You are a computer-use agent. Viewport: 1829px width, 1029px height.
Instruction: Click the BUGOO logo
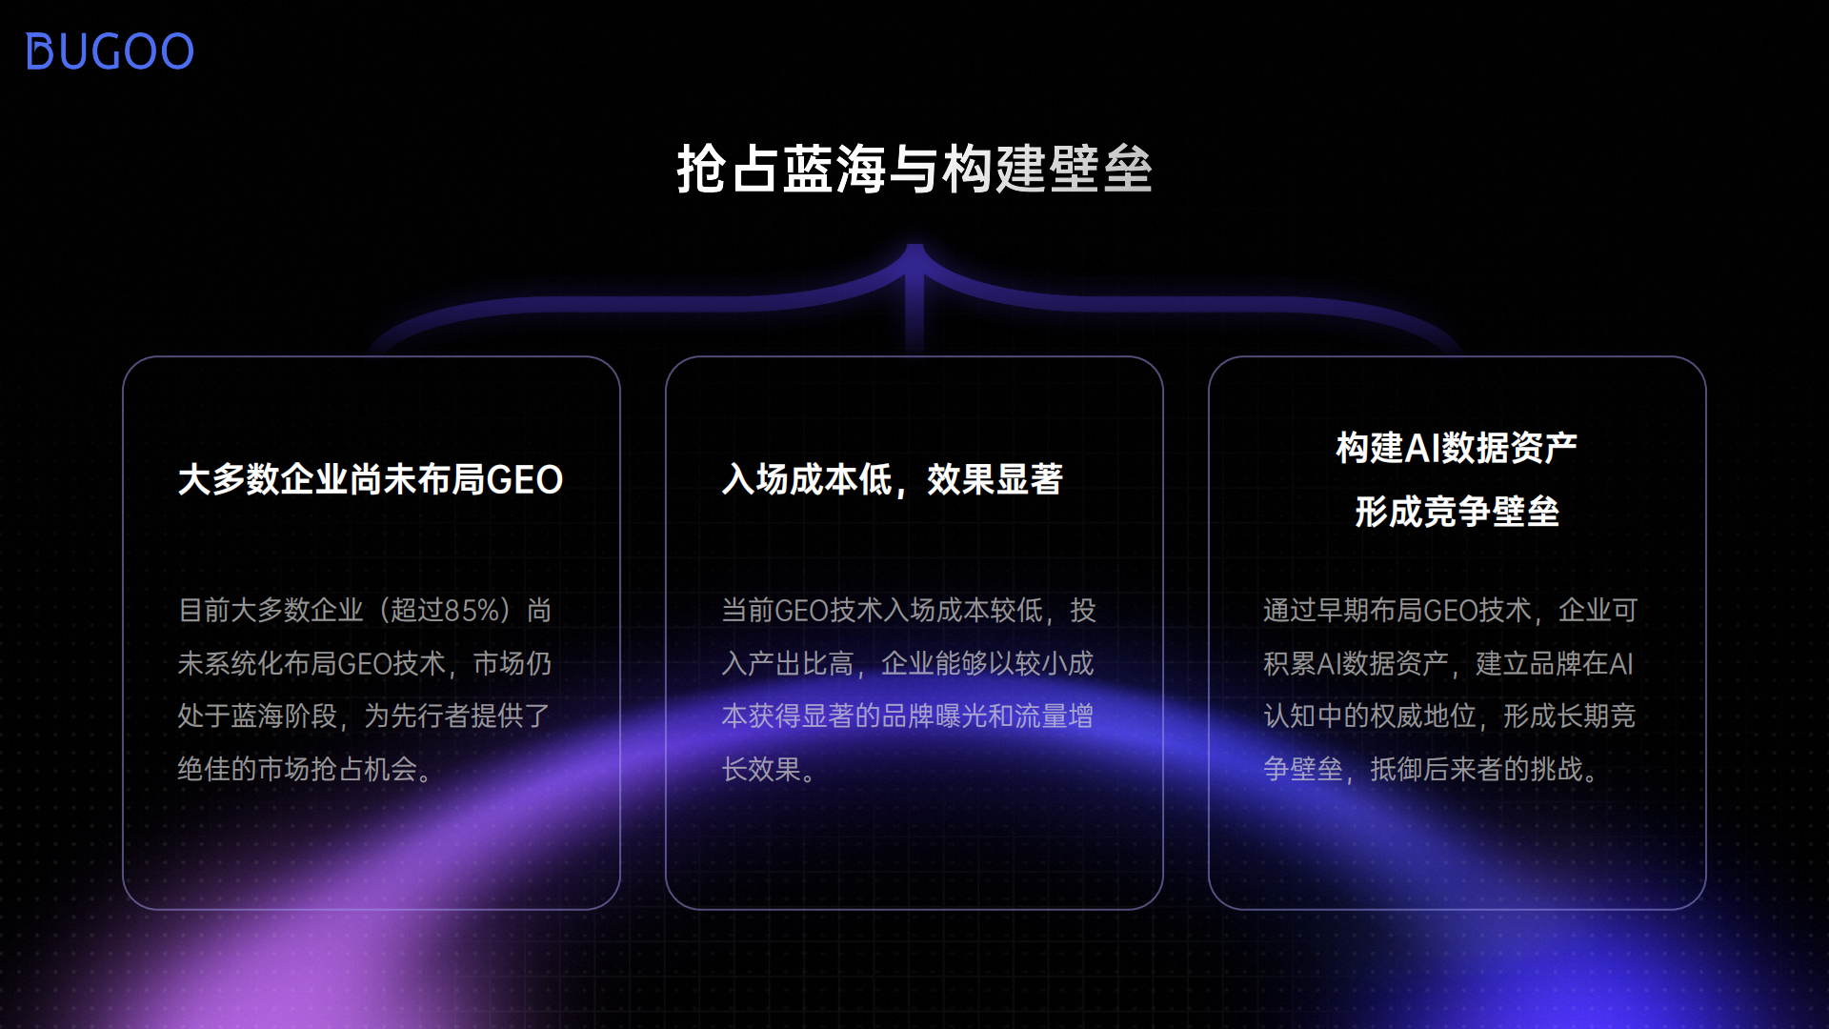coord(110,51)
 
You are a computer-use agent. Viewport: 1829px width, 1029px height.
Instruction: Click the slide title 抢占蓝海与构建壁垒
coord(914,170)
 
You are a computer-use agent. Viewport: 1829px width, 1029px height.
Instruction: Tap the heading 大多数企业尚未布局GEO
coord(370,479)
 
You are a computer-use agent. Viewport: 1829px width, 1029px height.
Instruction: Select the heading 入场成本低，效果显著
coord(892,479)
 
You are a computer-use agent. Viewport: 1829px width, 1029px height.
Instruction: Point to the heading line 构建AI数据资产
coord(1457,448)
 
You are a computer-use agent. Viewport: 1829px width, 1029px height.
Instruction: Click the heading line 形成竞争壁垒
coord(1457,512)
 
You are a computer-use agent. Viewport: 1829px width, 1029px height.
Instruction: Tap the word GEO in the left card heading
coord(525,479)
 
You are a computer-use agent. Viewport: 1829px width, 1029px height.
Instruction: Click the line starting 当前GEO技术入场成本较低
coord(908,610)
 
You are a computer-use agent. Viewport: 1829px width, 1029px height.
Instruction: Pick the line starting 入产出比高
coord(908,663)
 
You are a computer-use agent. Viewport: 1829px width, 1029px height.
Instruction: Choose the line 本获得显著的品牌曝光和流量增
coord(908,716)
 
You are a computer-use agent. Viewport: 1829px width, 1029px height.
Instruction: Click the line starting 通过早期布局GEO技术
coord(1450,610)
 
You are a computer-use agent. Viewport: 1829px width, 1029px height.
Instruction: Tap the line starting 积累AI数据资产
coord(1448,663)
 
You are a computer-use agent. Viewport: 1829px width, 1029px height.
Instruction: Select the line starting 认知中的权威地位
coord(1449,716)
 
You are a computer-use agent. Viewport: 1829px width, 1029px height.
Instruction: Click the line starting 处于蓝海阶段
coord(364,716)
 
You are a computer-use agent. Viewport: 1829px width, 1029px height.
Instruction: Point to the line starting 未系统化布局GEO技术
coord(364,663)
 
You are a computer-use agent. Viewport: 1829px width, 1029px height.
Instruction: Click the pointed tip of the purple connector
coord(914,247)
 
